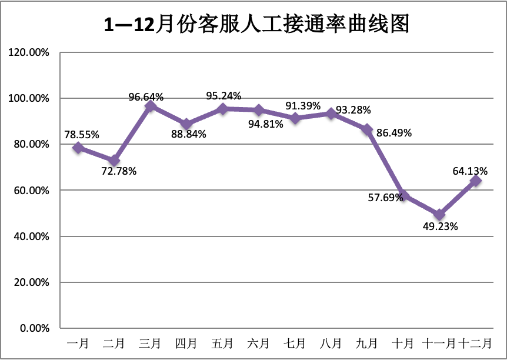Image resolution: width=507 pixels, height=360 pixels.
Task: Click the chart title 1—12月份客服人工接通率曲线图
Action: coord(256,25)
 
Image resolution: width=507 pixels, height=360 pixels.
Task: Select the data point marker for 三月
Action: coord(151,106)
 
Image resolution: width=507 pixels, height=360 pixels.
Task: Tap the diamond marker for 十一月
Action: coord(439,215)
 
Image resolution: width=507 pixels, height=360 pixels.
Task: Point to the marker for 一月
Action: coord(78,148)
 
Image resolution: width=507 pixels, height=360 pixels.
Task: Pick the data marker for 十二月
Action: coord(475,181)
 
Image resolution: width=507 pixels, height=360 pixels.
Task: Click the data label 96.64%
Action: coord(146,96)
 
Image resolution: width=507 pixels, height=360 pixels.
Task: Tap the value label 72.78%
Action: coord(119,172)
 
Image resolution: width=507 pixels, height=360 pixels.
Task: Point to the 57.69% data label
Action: coord(386,197)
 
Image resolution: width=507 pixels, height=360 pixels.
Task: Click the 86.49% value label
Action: coord(394,133)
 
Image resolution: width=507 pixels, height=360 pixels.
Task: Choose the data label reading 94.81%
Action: coord(266,124)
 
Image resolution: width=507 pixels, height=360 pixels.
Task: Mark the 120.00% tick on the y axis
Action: coord(29,52)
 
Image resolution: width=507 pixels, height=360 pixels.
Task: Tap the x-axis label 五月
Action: coord(223,343)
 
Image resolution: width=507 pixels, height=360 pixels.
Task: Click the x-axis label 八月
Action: coord(331,343)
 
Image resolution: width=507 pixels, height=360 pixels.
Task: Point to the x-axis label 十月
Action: coord(403,343)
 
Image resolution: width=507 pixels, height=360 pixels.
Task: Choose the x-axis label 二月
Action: coord(114,343)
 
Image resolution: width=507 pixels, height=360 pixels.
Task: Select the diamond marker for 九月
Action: coord(367,129)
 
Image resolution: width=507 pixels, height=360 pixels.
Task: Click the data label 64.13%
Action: coord(470,171)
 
